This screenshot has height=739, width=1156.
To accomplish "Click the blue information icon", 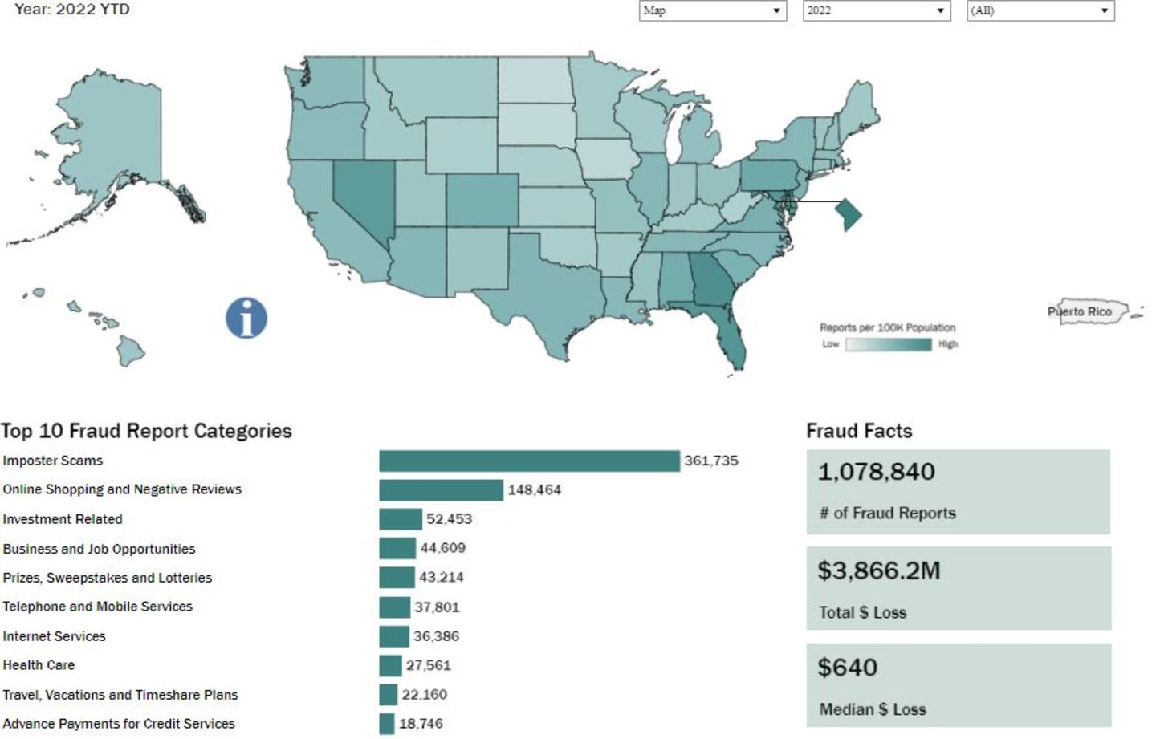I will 246,318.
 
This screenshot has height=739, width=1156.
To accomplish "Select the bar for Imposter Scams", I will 529,461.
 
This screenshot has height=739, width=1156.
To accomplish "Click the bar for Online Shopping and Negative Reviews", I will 441,489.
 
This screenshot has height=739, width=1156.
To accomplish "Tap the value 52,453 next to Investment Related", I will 449,519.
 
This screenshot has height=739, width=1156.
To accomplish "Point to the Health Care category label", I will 39,665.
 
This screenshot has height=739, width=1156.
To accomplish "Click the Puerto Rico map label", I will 1080,311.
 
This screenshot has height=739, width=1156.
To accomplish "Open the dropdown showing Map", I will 712,10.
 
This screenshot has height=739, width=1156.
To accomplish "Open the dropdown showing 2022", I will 876,10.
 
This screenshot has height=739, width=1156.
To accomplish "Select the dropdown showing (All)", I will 1040,10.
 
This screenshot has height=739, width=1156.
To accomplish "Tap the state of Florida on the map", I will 731,337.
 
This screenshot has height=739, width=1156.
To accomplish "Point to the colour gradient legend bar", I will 888,344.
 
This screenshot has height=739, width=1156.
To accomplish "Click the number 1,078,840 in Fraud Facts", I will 876,472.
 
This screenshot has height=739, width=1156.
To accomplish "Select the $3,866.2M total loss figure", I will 878,570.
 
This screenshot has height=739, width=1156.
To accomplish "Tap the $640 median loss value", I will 847,668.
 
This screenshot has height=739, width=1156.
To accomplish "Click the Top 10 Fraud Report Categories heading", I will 146,431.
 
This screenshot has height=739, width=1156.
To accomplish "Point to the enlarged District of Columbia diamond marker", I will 849,214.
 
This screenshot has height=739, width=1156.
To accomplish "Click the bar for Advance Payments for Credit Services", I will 387,724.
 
